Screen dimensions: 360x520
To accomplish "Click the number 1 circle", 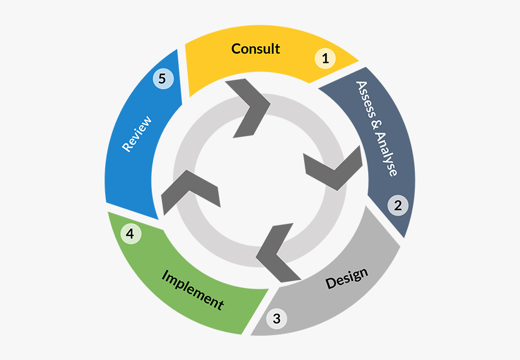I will (x=325, y=59).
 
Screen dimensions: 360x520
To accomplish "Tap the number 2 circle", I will (x=398, y=205).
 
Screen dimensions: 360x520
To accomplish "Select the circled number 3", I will (x=276, y=318).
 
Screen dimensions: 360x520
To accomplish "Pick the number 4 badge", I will (x=130, y=234).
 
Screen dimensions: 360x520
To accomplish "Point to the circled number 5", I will (x=163, y=78).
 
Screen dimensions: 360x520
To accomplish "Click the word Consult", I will (x=255, y=48).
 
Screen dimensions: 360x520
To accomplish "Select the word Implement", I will (x=192, y=289).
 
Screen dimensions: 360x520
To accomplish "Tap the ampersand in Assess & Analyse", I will (x=377, y=128).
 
